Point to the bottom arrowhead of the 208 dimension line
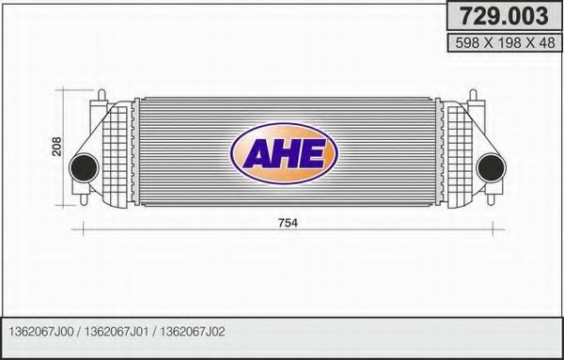(68, 198)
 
